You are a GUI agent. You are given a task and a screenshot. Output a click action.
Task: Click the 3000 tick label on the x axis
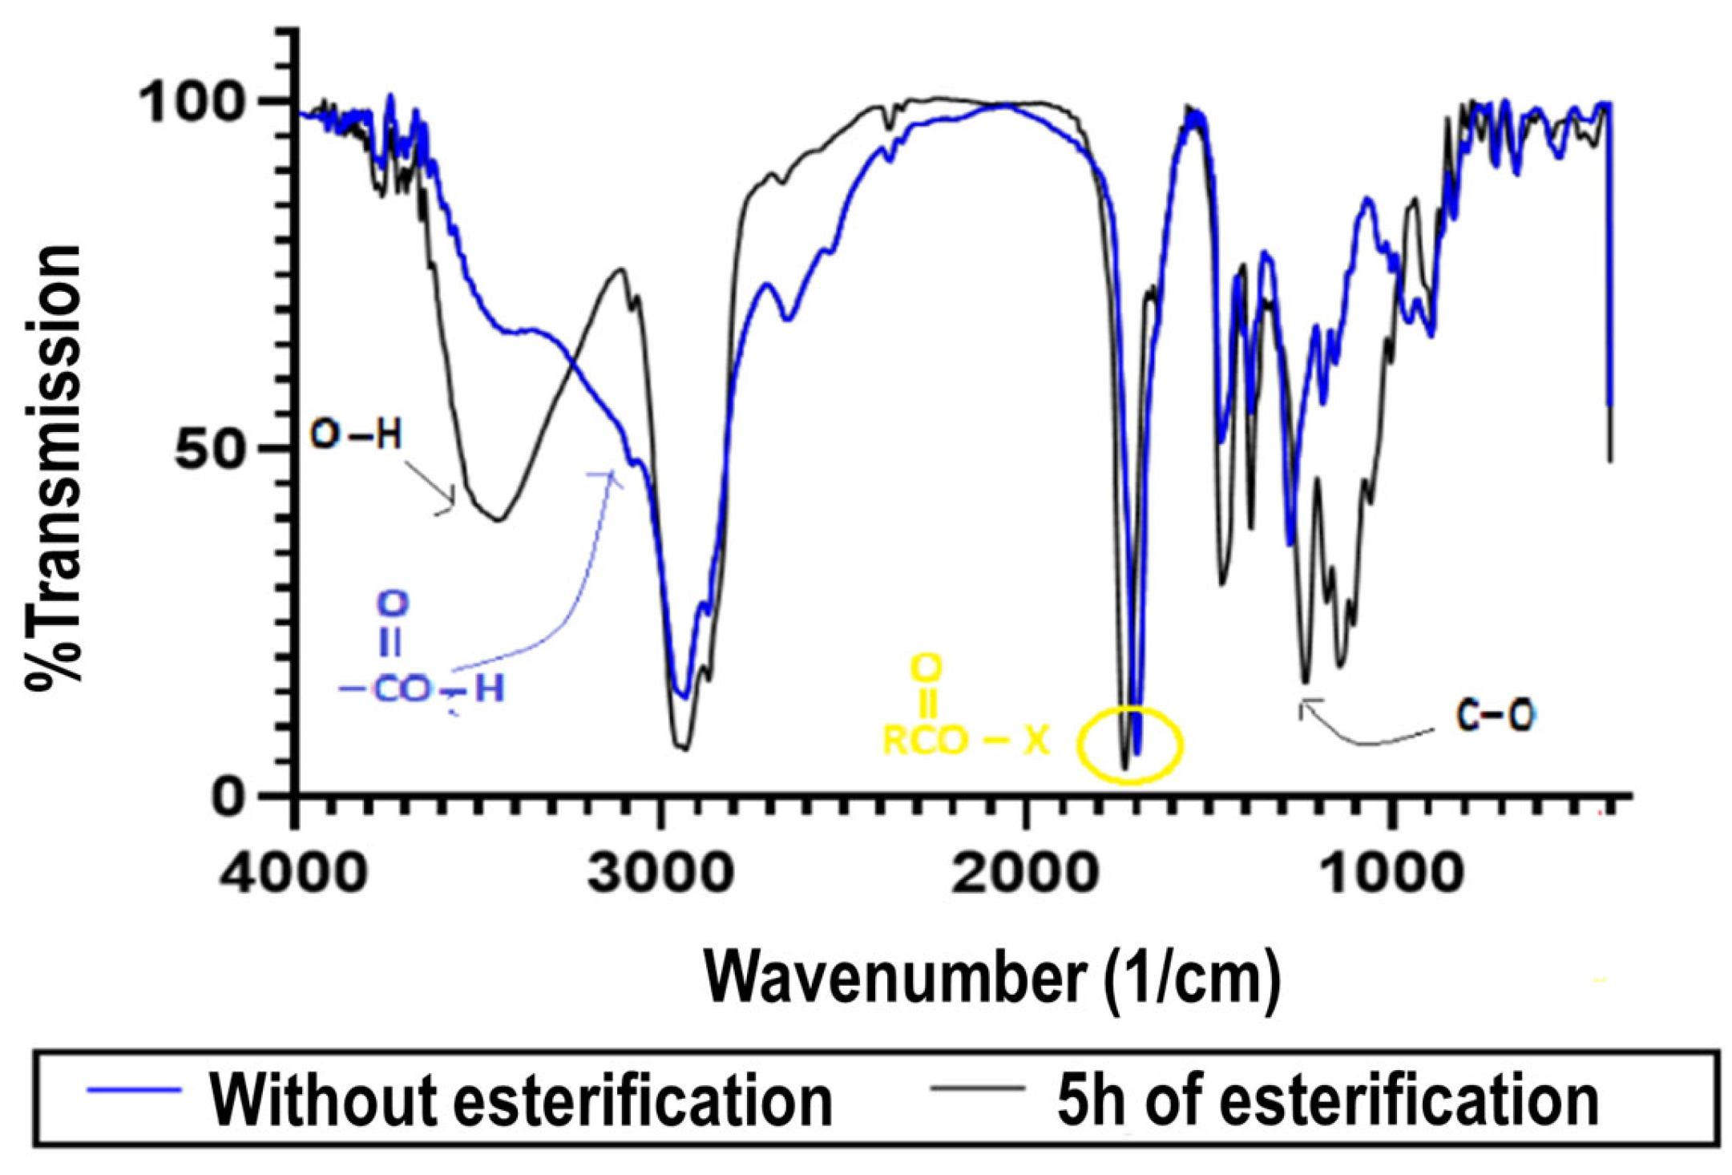(660, 873)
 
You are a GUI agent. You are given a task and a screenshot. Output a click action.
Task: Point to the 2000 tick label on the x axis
(1024, 873)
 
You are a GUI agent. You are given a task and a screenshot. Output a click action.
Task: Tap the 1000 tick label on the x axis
(1390, 873)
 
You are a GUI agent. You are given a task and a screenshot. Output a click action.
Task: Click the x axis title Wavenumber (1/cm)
(992, 977)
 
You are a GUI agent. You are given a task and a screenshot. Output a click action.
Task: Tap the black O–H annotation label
(356, 435)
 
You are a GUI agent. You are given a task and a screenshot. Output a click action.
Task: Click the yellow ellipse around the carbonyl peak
(1129, 744)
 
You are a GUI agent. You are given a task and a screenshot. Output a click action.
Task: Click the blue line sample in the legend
(134, 1090)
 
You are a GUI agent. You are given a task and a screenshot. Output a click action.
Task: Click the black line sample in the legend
(977, 1088)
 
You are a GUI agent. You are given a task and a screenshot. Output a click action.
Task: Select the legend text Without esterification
(521, 1100)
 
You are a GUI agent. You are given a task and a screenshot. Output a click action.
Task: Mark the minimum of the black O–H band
(498, 519)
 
